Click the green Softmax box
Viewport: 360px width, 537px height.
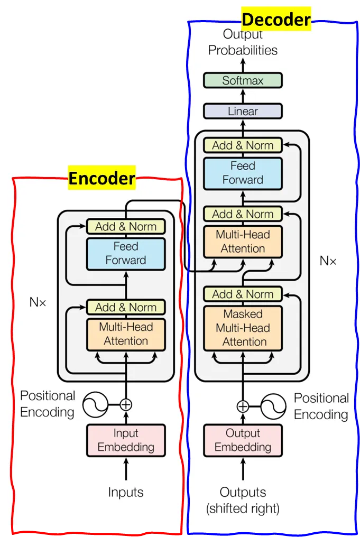(243, 81)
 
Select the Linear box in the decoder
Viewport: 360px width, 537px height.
(243, 112)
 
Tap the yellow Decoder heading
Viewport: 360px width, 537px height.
(276, 20)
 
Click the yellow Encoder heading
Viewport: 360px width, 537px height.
(102, 179)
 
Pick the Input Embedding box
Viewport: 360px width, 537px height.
(126, 440)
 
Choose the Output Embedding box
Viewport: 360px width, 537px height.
(243, 440)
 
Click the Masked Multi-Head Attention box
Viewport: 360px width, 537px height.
(243, 328)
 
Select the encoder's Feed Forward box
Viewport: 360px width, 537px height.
(126, 253)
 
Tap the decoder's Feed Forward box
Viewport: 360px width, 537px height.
(243, 173)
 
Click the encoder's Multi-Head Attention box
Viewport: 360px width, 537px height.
(126, 334)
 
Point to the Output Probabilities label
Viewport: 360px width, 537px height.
(243, 42)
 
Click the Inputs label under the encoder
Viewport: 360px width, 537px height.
(126, 492)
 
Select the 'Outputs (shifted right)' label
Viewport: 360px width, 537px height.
(243, 500)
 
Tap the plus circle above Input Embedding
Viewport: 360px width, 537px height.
(126, 405)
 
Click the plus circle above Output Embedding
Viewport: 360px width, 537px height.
(243, 406)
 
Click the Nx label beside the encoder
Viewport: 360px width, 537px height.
(38, 303)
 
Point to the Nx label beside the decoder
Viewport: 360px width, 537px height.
(328, 261)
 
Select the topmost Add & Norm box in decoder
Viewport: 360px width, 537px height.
(243, 145)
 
